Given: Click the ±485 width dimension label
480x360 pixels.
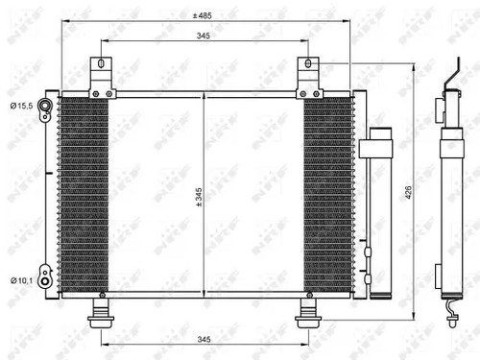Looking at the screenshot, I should pos(202,15).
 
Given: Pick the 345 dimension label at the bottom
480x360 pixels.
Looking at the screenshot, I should pos(203,340).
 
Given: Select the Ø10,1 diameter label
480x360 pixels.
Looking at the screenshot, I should pos(22,280).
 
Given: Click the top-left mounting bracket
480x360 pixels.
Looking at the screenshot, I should pos(98,77).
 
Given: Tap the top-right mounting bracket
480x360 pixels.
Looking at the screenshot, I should pos(309,77).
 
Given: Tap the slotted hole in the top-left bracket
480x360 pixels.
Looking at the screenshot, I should pos(98,67).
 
